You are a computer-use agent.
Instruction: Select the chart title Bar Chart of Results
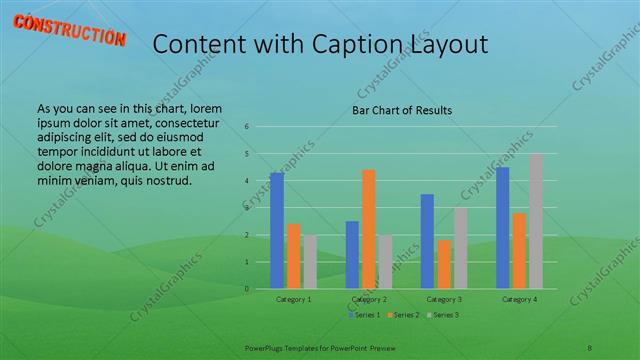(x=402, y=110)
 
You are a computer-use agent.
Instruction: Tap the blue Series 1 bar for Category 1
(x=277, y=231)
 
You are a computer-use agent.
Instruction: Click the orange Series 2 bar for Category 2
(x=369, y=229)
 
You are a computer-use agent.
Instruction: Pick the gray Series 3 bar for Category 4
(x=536, y=221)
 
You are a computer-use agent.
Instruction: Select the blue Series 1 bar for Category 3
(x=427, y=241)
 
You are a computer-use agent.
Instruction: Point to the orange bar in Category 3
(x=444, y=264)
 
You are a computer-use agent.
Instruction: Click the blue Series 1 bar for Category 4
(x=502, y=228)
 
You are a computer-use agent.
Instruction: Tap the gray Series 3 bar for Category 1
(x=310, y=262)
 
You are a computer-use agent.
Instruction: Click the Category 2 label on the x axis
(x=369, y=299)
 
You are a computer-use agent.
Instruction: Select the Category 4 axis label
(x=519, y=299)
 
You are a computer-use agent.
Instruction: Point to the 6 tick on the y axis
(x=246, y=126)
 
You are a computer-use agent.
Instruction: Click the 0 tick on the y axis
(x=246, y=289)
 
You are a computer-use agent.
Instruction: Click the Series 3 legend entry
(x=443, y=315)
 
